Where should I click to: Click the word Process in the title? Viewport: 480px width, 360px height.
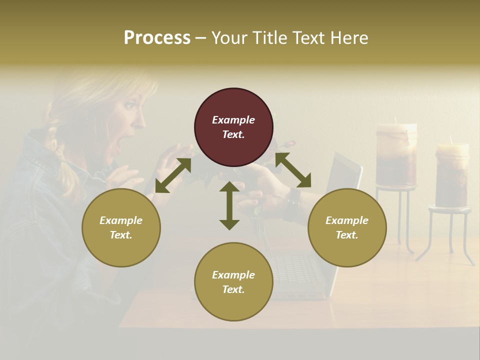point(157,38)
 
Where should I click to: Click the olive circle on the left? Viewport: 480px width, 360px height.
point(121,227)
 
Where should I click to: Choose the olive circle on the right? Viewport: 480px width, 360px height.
point(347,227)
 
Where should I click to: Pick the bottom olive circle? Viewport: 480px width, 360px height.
point(233,281)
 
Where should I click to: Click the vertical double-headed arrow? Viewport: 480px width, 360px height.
point(229,205)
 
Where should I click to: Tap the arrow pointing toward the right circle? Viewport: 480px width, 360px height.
point(293,170)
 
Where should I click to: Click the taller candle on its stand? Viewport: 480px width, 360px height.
point(396,155)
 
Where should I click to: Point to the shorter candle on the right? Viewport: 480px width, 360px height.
point(452,175)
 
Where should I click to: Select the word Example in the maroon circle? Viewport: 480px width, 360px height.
point(233,120)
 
